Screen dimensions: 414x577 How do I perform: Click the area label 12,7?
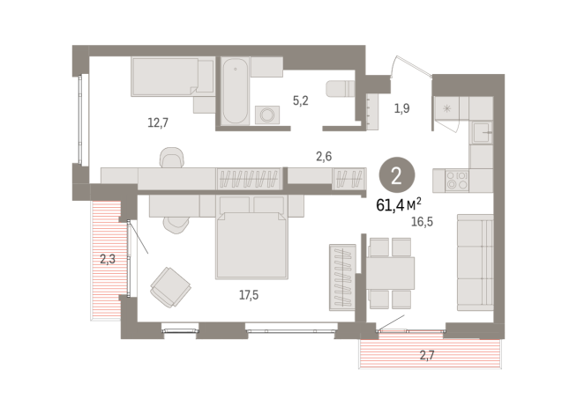coord(158,122)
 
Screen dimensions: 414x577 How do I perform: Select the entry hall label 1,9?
coord(401,108)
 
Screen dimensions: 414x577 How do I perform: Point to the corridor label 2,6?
coord(324,156)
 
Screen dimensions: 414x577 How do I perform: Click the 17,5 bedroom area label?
coord(249,295)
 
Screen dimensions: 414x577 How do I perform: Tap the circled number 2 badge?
coord(395,174)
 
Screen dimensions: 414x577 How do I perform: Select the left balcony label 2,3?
coord(108,259)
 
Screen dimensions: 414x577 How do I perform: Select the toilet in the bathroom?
coord(340,89)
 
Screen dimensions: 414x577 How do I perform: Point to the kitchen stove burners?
coord(457,181)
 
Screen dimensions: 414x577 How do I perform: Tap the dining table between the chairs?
coord(390,271)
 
